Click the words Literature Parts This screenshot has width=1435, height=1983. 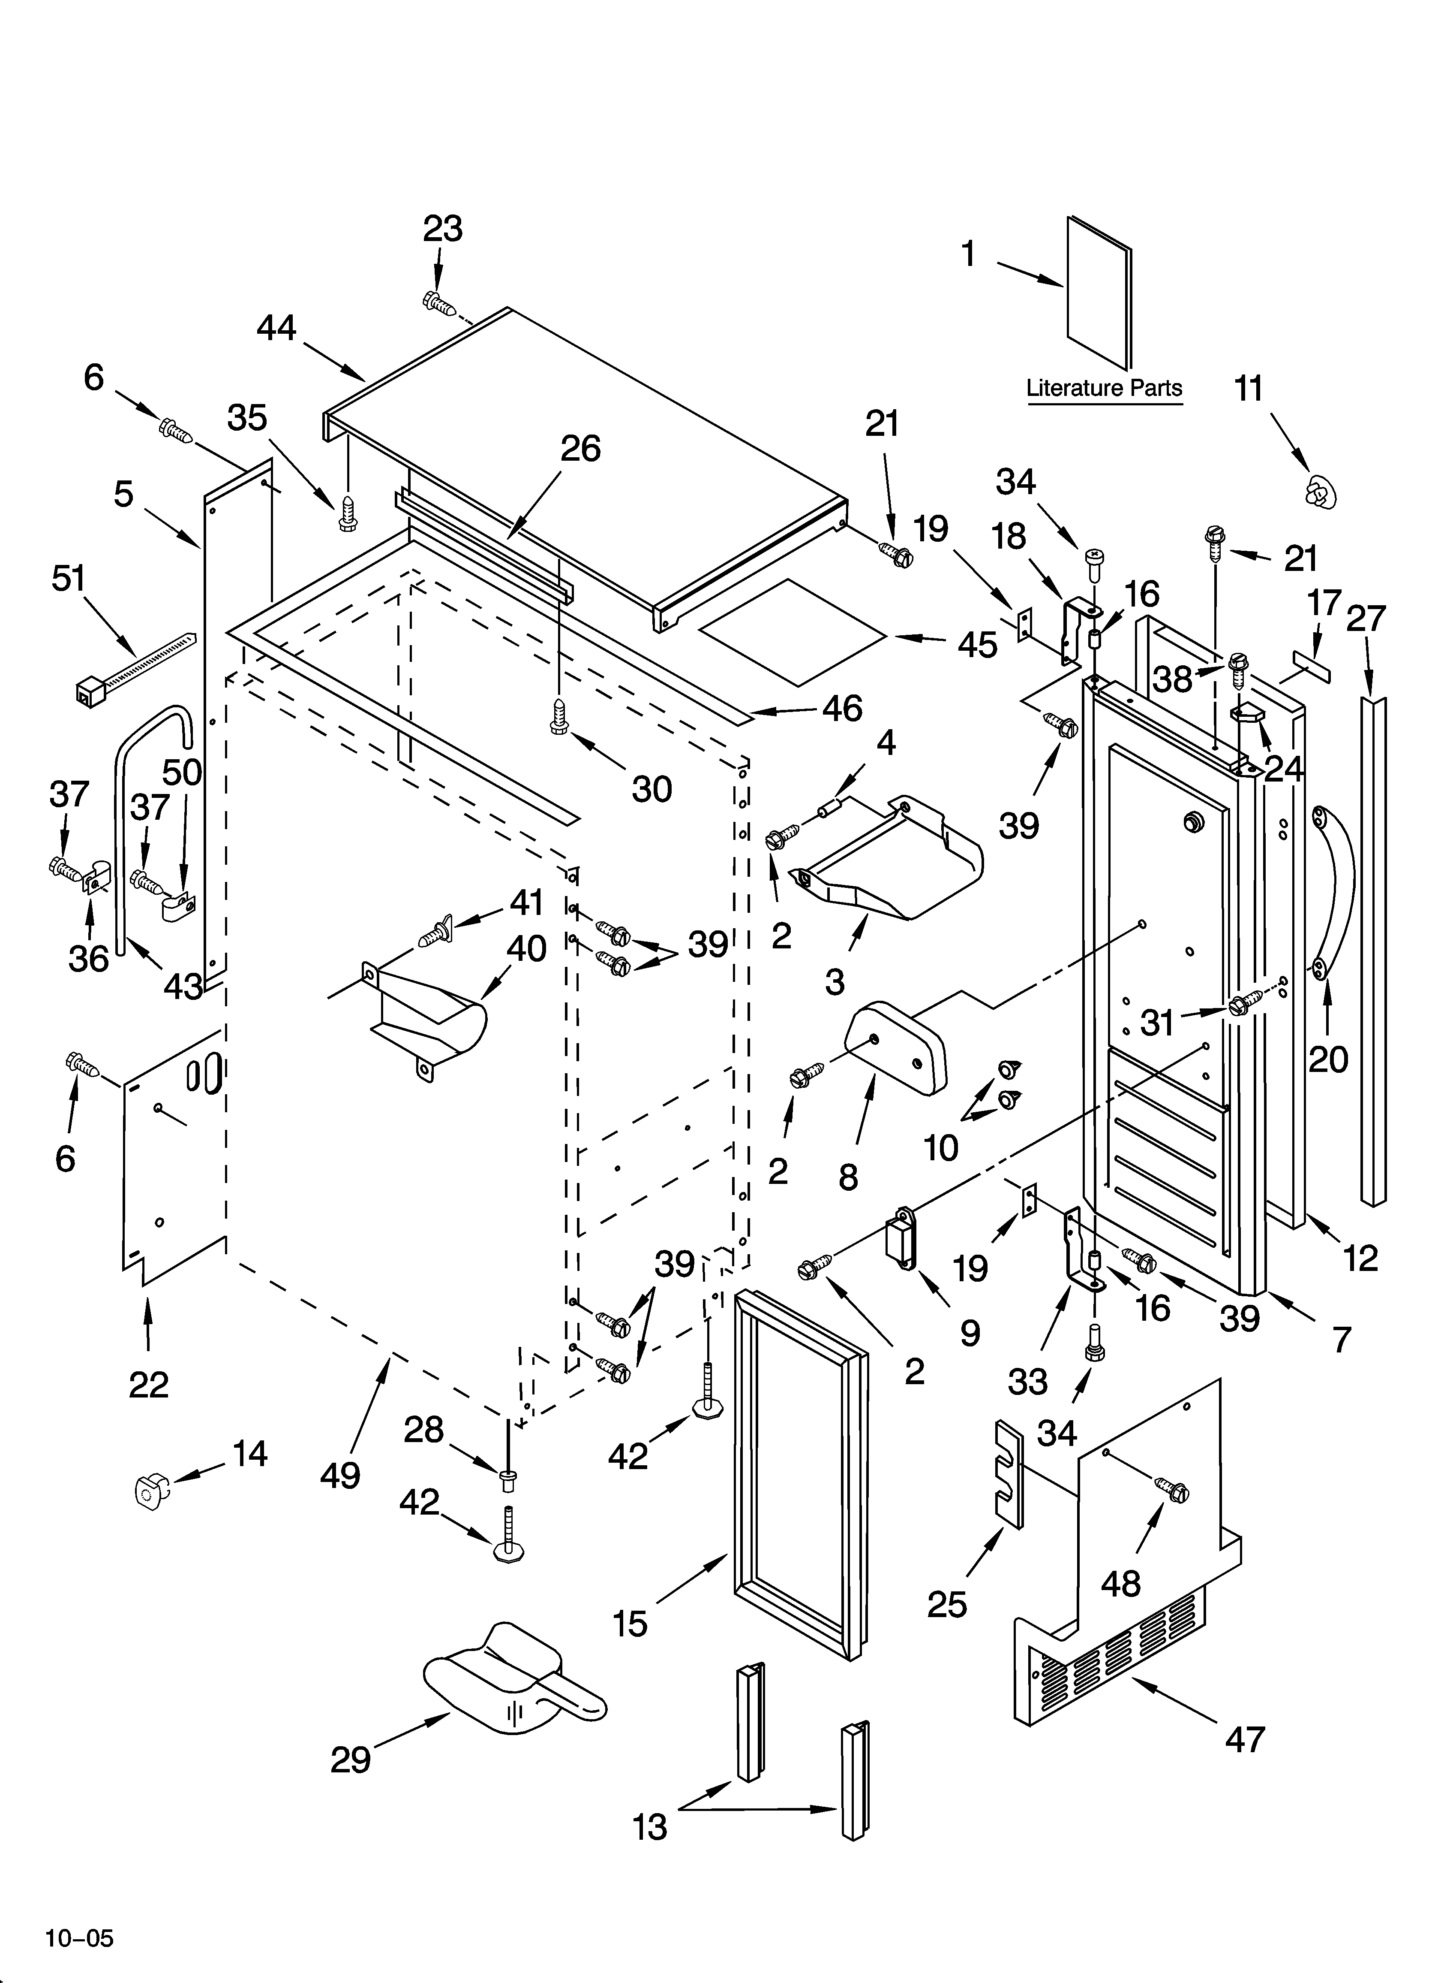(1104, 388)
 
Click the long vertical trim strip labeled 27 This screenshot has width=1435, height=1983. (1373, 944)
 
